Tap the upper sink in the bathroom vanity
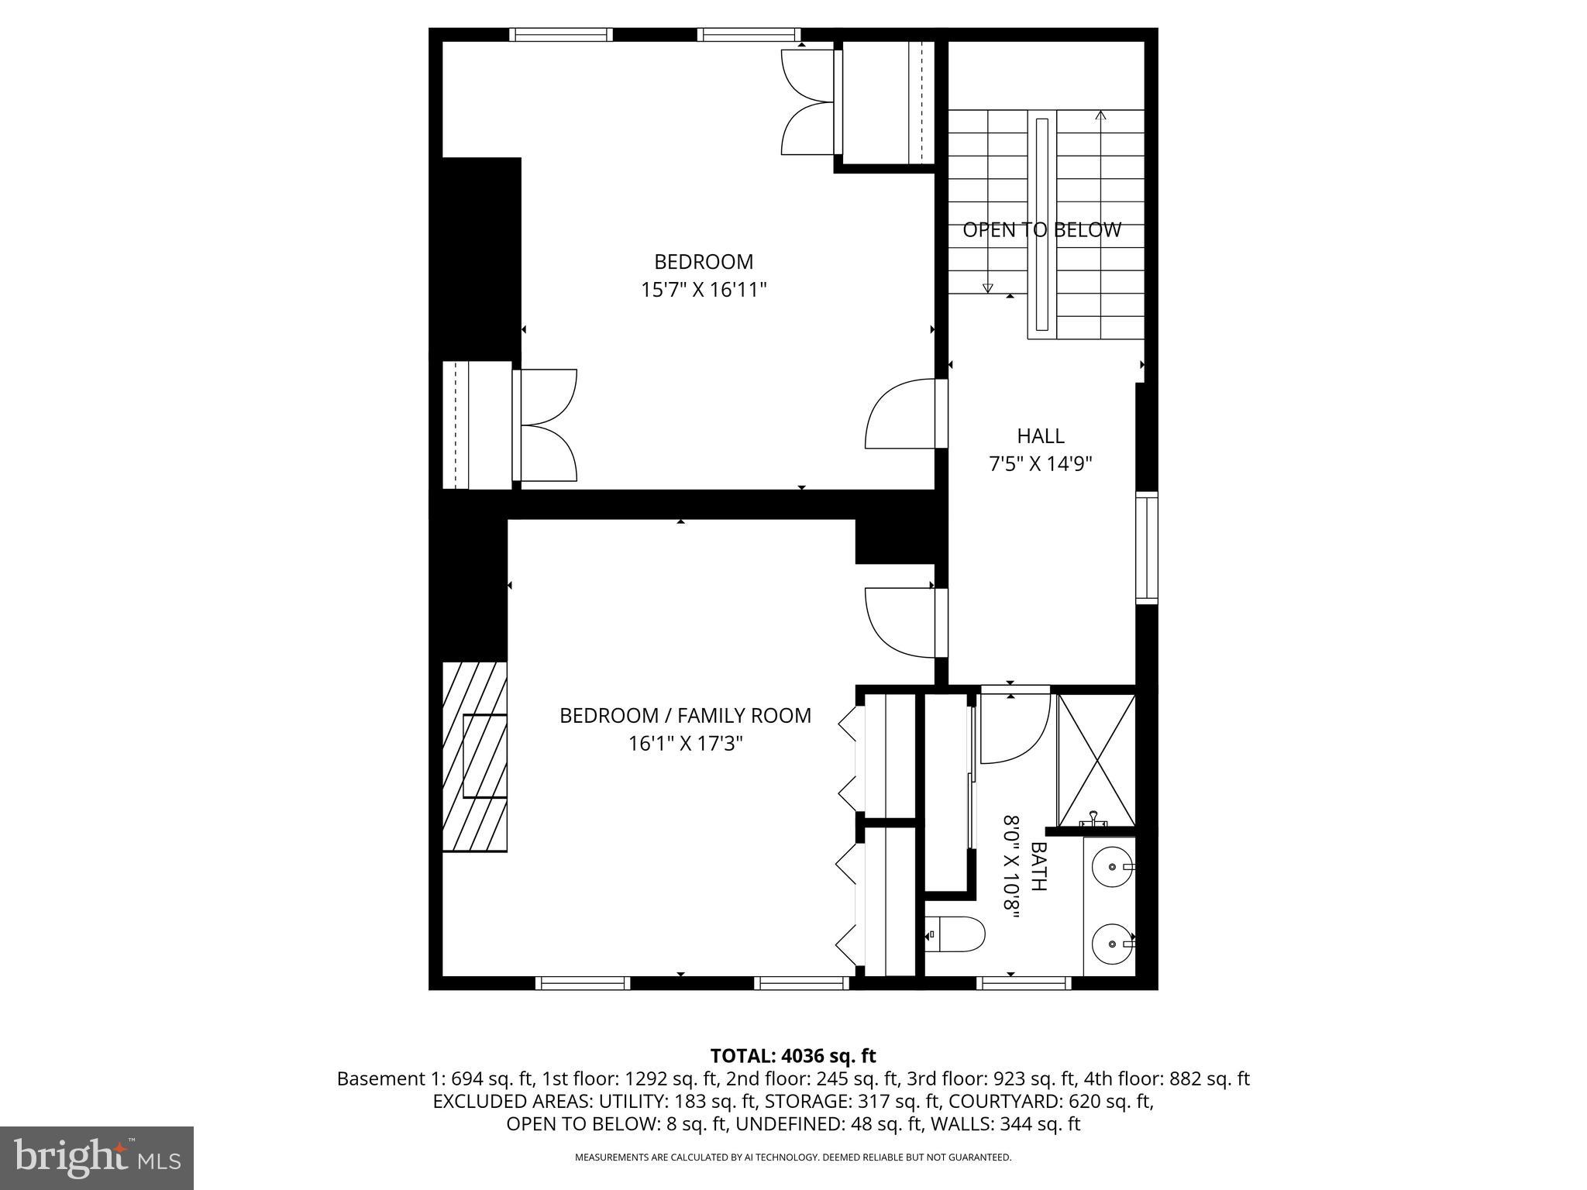(x=1112, y=865)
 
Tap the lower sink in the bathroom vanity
(x=1112, y=944)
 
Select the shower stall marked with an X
(x=1096, y=760)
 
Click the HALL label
(x=1041, y=436)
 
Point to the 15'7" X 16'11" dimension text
(x=704, y=290)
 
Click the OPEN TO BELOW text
(x=1041, y=230)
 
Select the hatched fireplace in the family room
(x=474, y=757)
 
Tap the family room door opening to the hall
(x=901, y=621)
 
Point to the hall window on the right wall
(x=1146, y=547)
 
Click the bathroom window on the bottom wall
(x=1024, y=983)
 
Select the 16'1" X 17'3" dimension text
(x=685, y=744)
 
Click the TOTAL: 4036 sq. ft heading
(x=793, y=1056)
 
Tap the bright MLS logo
(x=97, y=1157)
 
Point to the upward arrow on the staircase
(x=1100, y=116)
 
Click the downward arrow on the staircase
(x=987, y=287)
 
